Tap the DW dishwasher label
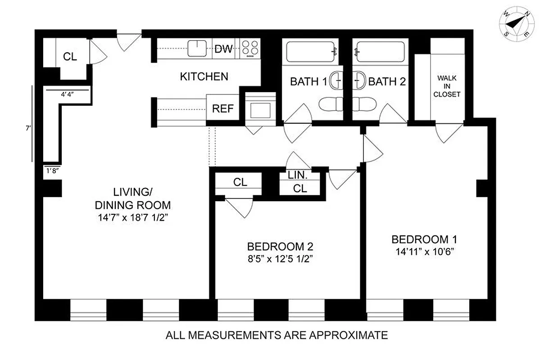coord(224,49)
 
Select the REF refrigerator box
coord(222,108)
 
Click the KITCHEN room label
coord(204,76)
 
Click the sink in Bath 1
coord(336,81)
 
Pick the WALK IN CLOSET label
coord(446,86)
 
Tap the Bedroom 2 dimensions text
coord(280,259)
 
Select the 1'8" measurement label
coord(52,170)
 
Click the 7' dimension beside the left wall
coord(27,128)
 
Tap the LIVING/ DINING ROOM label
coord(133,198)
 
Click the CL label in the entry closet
coord(70,57)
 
